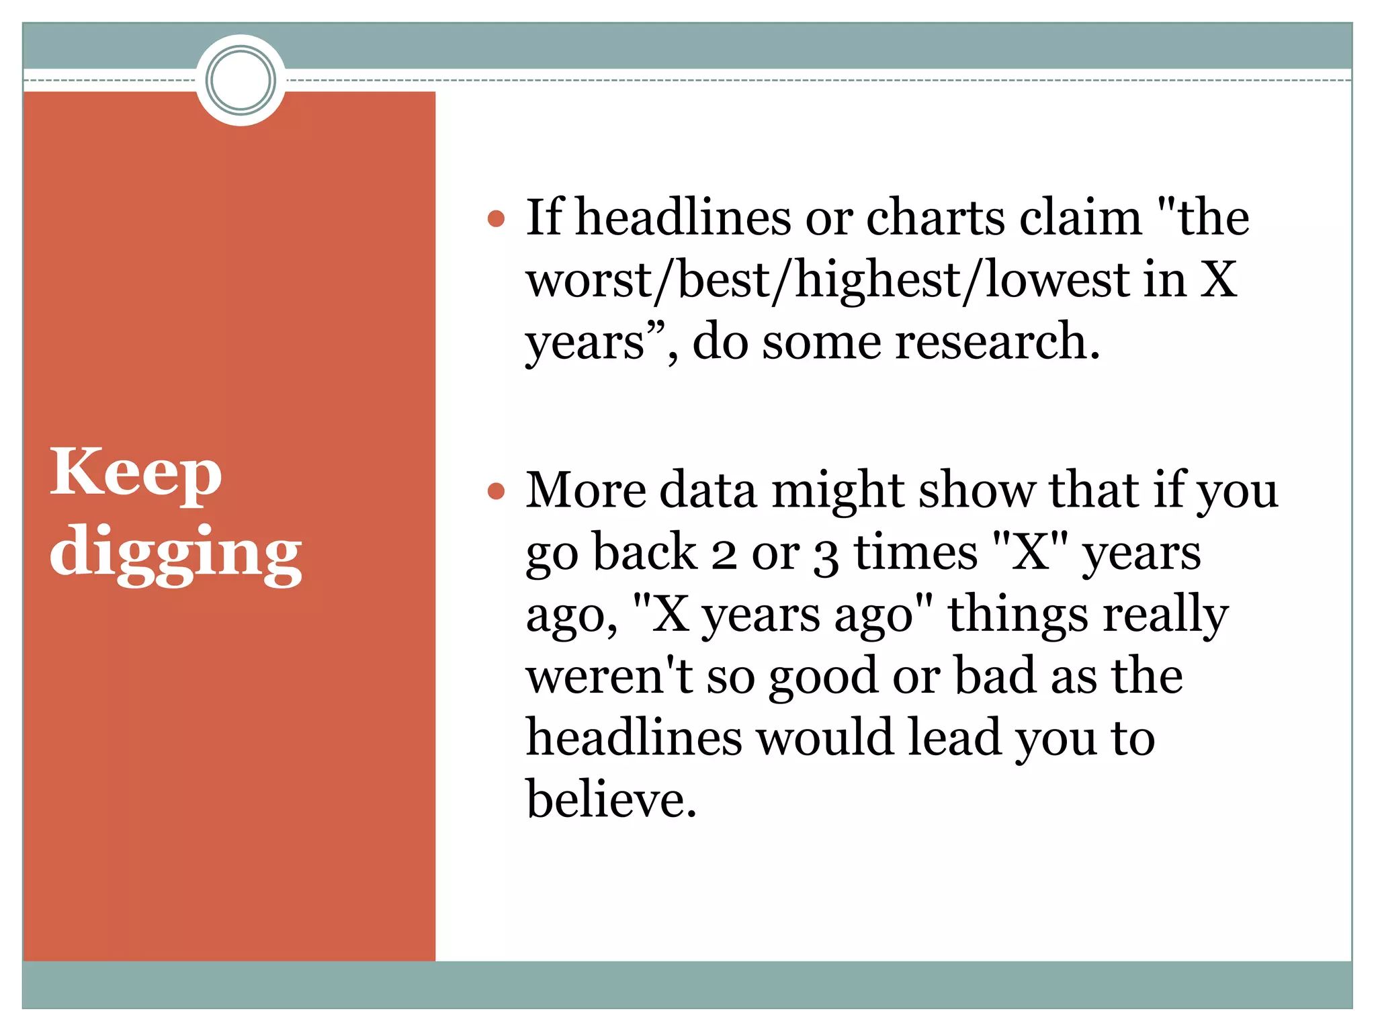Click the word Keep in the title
[135, 473]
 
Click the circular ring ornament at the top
[241, 80]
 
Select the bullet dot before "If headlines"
[496, 218]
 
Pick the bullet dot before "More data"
[496, 491]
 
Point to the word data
[708, 490]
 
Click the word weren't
[609, 676]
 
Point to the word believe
[611, 800]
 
